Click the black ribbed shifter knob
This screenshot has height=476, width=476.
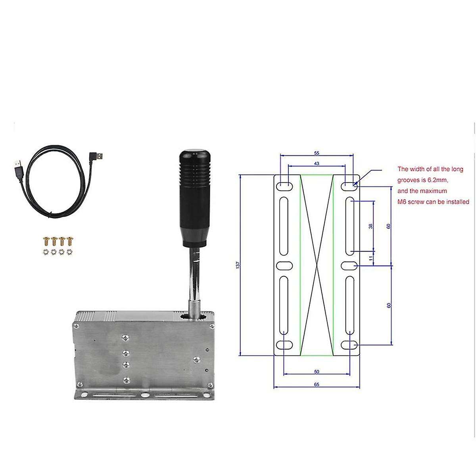click(193, 194)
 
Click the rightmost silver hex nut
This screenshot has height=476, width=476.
click(70, 251)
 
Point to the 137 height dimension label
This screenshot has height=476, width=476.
click(237, 265)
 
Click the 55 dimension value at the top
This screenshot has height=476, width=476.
click(317, 153)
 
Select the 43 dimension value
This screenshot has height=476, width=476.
click(317, 163)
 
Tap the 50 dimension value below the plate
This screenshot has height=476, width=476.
click(317, 372)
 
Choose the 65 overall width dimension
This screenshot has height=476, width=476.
click(317, 384)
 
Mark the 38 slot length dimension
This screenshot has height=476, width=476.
click(370, 226)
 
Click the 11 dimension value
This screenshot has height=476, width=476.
click(370, 258)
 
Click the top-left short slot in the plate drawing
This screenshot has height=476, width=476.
click(284, 184)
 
